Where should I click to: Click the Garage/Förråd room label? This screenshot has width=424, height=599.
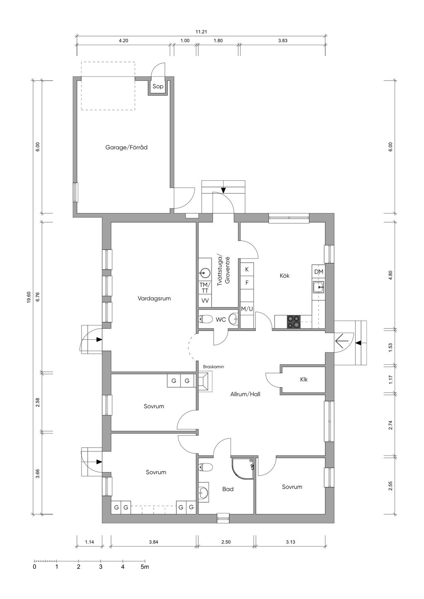pos(126,147)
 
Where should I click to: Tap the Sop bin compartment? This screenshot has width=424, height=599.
pos(158,86)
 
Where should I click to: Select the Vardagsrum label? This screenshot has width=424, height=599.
pos(154,298)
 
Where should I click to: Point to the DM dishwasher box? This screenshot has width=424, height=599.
pos(318,272)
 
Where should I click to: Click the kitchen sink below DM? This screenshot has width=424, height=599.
pos(318,287)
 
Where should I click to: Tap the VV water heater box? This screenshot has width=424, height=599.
pos(205,301)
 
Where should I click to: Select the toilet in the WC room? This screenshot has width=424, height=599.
pos(205,319)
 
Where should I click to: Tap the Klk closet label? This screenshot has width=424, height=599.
pos(304,379)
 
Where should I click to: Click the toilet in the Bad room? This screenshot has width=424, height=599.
pos(205,467)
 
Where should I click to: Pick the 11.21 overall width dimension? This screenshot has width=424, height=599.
pos(201,32)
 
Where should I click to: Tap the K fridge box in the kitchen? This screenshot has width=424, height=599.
pos(247,269)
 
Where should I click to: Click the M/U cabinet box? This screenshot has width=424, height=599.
pos(247,309)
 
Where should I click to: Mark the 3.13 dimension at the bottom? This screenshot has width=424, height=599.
pos(290,542)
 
